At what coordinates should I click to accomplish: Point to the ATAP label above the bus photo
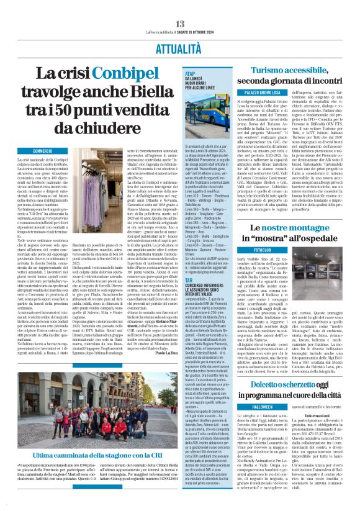coord(191,73)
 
